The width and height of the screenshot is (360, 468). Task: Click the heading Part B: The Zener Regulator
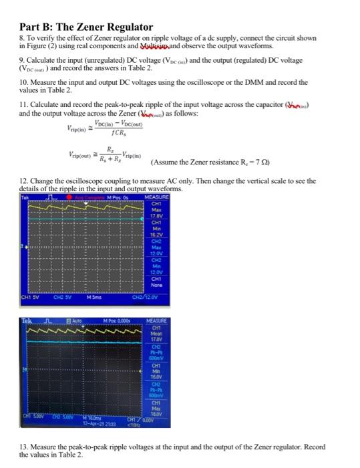coord(86,27)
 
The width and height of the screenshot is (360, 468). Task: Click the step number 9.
coord(22,60)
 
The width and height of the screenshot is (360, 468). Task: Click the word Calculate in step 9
coord(41,60)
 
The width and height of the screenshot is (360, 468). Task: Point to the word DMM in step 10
coord(260,82)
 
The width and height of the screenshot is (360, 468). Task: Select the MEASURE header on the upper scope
coord(166,197)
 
